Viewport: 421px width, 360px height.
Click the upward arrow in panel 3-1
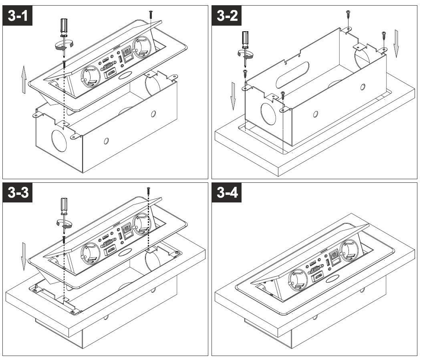[x=24, y=80]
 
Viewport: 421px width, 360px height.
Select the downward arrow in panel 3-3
[x=24, y=255]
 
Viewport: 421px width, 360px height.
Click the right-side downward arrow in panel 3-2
[x=396, y=44]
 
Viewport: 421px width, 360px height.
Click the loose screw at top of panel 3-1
[x=151, y=14]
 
